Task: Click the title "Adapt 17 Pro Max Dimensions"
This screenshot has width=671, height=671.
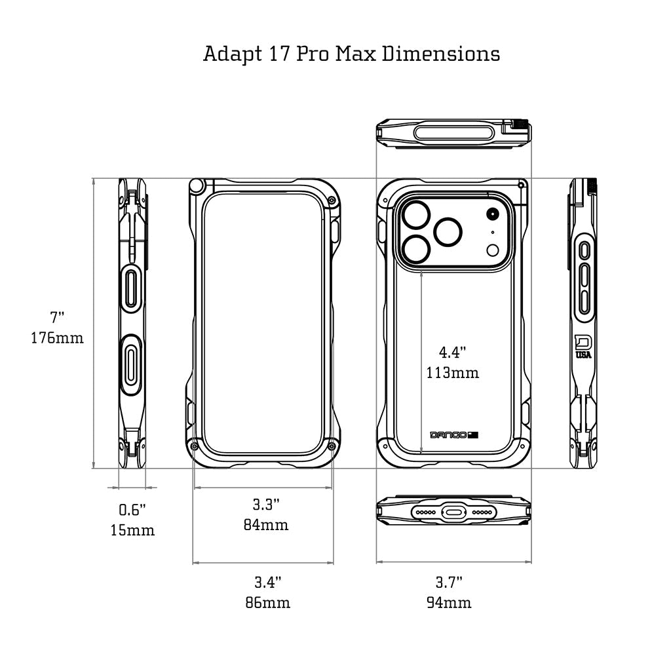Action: point(351,53)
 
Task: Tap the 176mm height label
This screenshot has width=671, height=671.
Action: point(57,339)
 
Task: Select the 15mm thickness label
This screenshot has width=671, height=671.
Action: point(132,530)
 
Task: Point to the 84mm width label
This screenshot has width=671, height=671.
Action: point(266,525)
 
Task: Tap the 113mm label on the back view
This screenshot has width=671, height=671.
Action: point(453,373)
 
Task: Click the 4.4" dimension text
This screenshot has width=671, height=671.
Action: point(452,353)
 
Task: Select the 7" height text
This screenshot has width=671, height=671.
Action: point(58,318)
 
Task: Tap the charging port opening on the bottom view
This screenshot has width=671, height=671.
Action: point(453,512)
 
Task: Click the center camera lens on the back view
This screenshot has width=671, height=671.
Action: point(449,231)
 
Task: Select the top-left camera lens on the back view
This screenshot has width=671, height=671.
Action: point(416,214)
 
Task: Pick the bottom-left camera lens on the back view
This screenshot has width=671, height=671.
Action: point(416,250)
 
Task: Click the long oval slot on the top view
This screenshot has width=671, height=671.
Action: point(453,133)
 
